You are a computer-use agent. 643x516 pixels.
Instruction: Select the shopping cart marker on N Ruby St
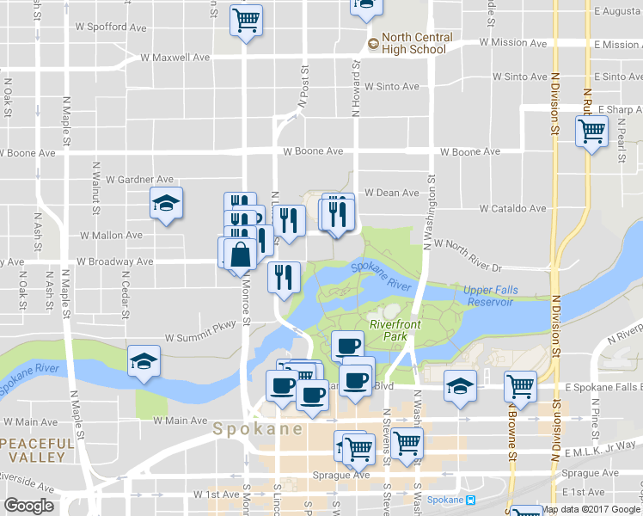pos(591,132)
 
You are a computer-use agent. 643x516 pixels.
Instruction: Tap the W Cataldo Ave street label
pos(513,208)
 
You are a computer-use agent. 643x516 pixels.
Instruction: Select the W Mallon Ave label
pos(111,235)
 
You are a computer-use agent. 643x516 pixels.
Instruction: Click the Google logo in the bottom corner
pos(28,506)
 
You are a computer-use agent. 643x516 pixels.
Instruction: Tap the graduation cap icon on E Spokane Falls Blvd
pos(460,386)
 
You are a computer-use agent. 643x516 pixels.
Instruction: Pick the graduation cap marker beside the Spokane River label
pos(144,361)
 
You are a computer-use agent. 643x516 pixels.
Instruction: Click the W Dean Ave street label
pos(391,193)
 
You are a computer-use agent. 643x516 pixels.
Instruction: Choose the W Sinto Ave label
pos(391,87)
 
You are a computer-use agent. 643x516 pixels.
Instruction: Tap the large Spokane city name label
pos(257,428)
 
